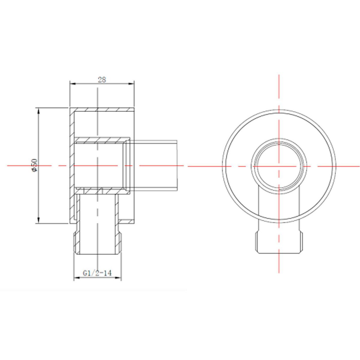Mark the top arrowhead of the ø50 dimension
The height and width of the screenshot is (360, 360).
point(38,110)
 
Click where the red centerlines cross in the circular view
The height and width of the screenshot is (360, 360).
point(279,166)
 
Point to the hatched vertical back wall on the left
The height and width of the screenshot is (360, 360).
point(72,165)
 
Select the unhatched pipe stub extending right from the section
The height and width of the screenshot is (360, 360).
point(156,165)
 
